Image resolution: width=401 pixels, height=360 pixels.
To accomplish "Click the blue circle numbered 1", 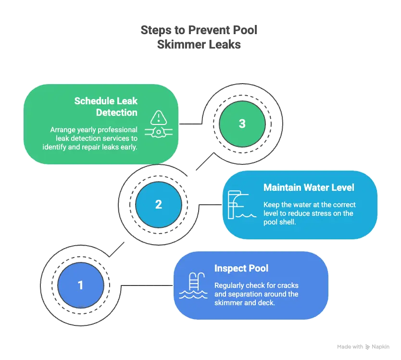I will coord(80,286).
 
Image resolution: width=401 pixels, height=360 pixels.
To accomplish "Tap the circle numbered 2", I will coord(159,204).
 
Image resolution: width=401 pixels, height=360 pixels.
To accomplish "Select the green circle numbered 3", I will coord(242,124).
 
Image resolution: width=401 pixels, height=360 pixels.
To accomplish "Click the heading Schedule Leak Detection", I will coord(106,107).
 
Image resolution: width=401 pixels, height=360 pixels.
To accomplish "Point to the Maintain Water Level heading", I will coord(309,187).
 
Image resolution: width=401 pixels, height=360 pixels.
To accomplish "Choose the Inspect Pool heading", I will coord(241,268).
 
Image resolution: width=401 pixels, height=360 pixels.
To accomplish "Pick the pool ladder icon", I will coord(193,286).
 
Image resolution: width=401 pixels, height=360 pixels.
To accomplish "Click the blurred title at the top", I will coord(198,36).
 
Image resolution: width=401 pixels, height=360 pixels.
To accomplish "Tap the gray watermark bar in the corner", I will coord(363,346).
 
